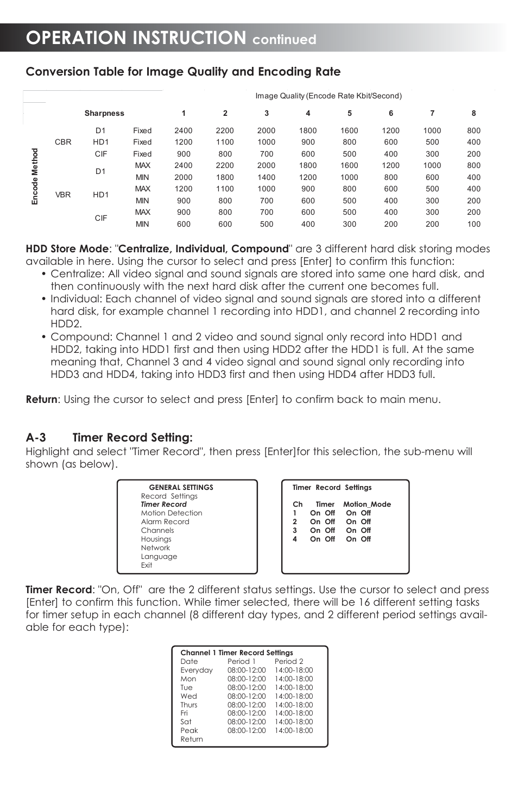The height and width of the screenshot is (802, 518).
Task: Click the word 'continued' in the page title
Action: coord(284,40)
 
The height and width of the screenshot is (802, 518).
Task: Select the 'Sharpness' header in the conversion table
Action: coord(104,113)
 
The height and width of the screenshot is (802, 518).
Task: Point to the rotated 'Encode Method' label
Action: coord(35,177)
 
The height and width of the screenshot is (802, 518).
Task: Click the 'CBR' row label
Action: coord(63,142)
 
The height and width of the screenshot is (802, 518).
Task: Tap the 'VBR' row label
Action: coord(63,195)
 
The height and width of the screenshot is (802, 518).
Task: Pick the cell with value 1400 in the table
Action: coord(266,177)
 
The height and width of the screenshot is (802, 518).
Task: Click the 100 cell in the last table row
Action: coord(473,224)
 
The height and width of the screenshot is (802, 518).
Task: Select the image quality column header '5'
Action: coord(349,113)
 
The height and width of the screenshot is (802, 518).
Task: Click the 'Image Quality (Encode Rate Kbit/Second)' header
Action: coord(329,96)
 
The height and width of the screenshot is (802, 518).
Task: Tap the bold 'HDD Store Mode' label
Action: coord(67,249)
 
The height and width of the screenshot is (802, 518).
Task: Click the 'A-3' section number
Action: coord(36,438)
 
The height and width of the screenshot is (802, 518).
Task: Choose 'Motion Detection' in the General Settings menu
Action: coord(172,513)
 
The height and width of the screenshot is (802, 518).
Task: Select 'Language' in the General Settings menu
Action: coord(159,556)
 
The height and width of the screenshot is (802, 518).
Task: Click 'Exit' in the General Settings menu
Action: coord(147,565)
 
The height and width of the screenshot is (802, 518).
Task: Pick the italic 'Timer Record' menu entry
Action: coord(163,504)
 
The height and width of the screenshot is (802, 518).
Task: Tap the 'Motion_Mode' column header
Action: coord(367,504)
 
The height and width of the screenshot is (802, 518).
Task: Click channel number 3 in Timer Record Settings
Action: coord(295,530)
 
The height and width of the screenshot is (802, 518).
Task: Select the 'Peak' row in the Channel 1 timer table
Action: coord(189,730)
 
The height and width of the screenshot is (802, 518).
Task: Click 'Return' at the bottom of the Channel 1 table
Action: coord(192,739)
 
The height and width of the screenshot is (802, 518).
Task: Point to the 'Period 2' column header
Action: coord(289,661)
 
